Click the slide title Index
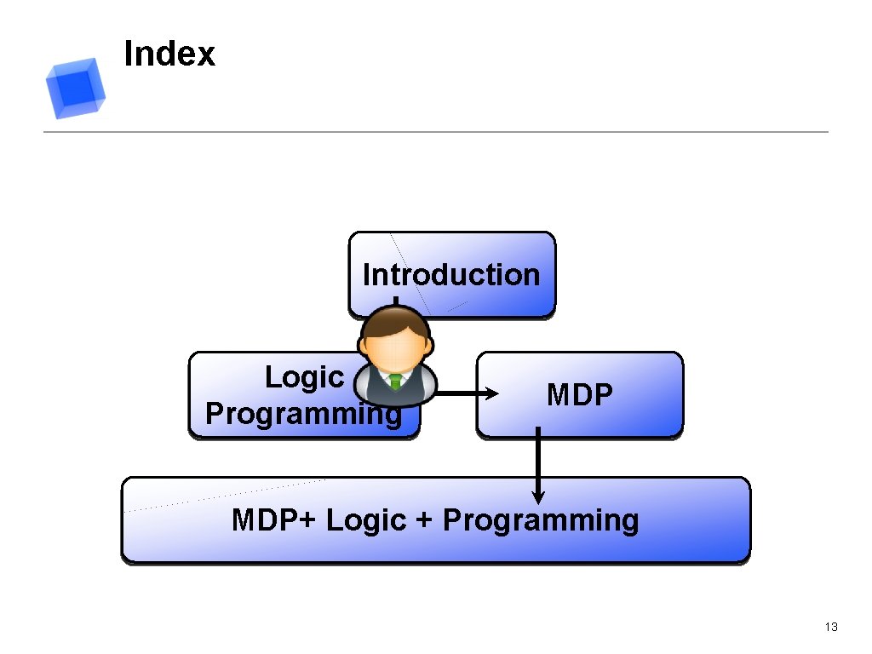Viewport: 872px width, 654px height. pos(169,54)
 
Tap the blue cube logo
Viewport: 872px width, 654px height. pos(75,88)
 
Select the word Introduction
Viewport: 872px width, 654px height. pos(451,275)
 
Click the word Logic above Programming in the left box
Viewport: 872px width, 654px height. pos(304,376)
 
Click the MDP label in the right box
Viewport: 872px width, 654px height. pos(579,395)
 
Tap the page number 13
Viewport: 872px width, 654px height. pos(831,628)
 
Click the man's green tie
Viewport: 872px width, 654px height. pos(395,381)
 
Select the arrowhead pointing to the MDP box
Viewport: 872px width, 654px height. pos(493,393)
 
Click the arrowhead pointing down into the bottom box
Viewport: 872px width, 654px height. pos(537,496)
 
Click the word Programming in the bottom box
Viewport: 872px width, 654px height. pos(541,519)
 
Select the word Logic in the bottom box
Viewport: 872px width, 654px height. pos(366,519)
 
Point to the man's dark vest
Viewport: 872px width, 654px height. pos(379,387)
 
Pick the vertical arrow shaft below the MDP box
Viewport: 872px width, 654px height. pos(537,460)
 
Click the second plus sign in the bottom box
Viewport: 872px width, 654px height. pos(424,520)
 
